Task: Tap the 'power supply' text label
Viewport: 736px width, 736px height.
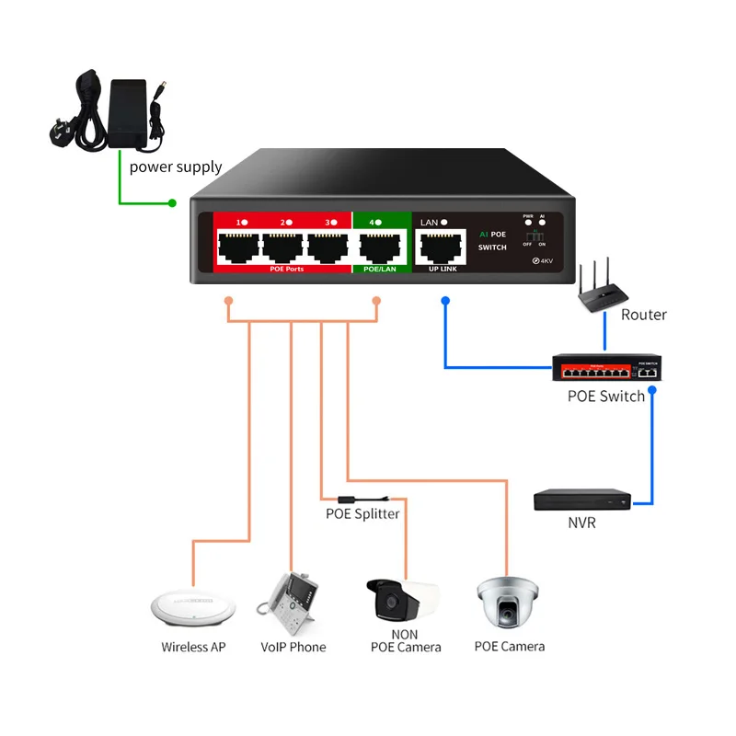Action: point(175,167)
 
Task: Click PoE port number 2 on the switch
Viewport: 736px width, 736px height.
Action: point(282,247)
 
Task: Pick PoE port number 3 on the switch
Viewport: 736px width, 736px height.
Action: point(327,247)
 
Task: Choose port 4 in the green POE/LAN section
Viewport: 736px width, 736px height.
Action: point(378,247)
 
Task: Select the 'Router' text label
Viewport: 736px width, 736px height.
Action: point(643,315)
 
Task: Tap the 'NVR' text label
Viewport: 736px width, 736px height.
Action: point(581,523)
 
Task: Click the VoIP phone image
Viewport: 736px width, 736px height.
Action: point(289,603)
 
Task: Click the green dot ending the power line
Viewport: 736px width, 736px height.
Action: point(172,202)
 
